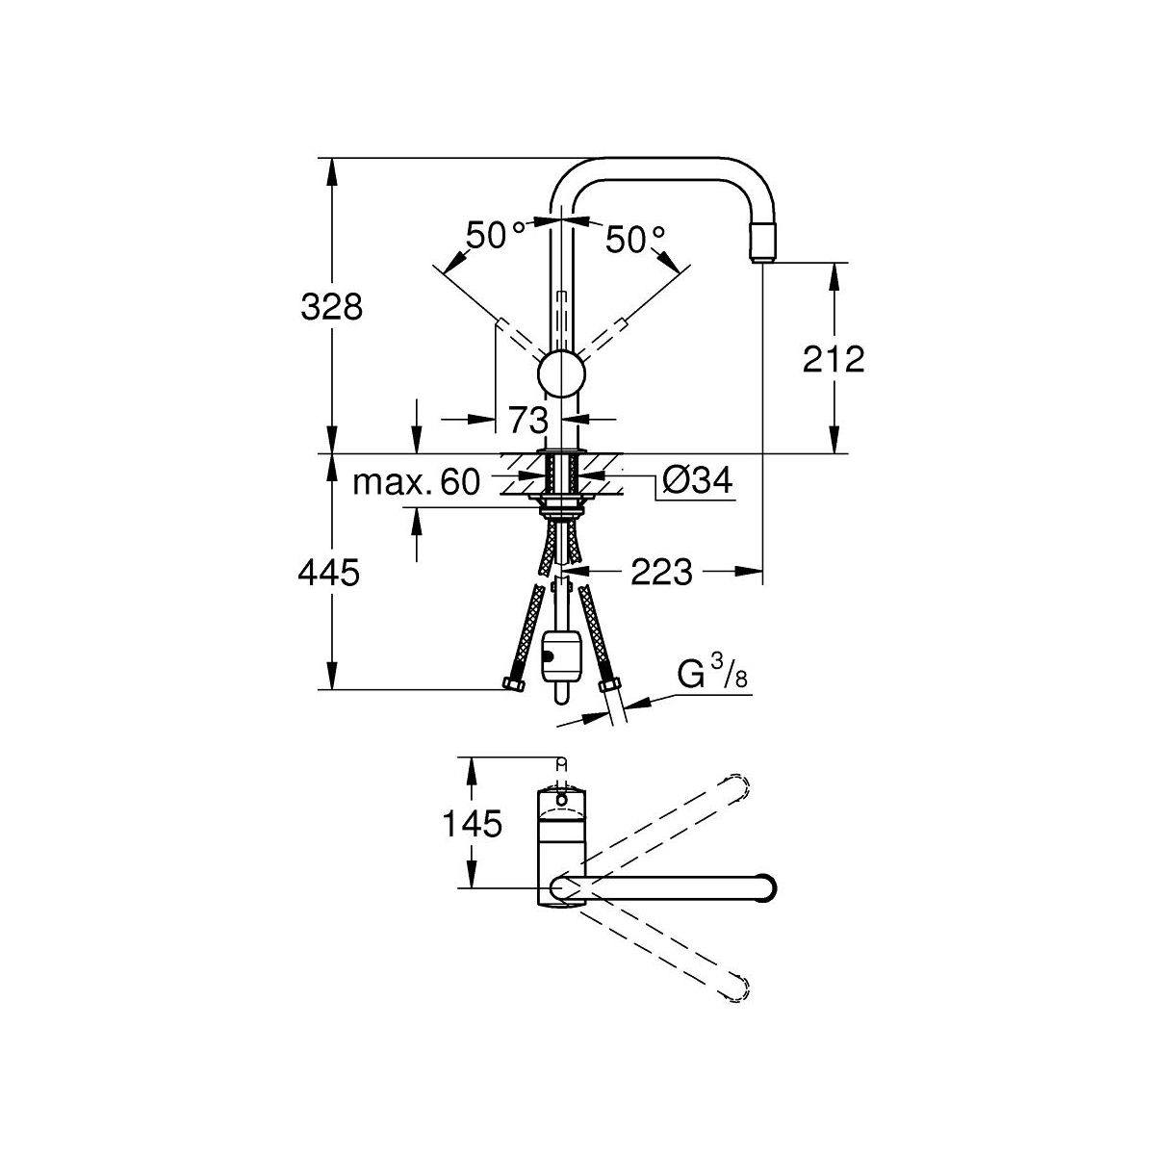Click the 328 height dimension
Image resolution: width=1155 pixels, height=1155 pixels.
click(331, 307)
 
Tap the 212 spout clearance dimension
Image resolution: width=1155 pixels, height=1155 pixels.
click(834, 359)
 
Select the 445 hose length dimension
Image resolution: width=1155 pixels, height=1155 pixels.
click(329, 572)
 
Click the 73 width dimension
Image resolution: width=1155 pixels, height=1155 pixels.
click(528, 420)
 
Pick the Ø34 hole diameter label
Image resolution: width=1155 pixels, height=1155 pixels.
click(698, 480)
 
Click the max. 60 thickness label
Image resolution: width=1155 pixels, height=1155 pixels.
click(417, 481)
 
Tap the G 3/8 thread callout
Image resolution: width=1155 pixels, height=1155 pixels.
click(713, 676)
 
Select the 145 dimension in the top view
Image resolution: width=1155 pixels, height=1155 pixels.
click(472, 823)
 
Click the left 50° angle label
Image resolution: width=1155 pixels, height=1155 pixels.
click(495, 236)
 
